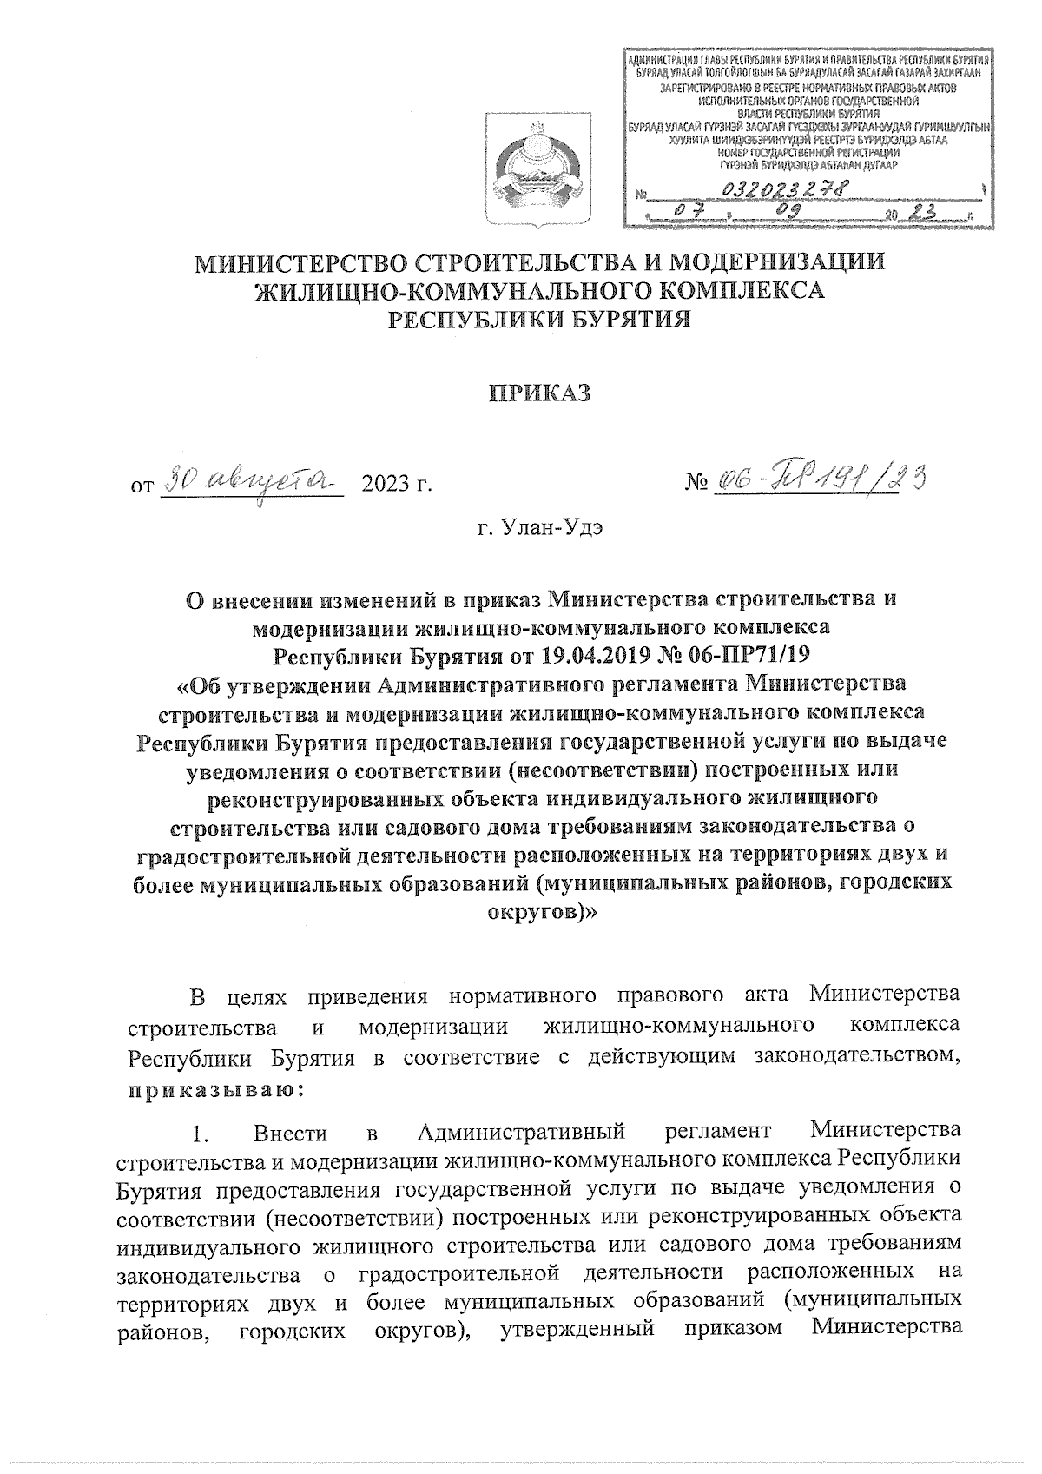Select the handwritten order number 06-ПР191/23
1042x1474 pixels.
tap(816, 478)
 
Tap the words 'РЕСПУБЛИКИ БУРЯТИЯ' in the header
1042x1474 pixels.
tap(539, 320)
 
